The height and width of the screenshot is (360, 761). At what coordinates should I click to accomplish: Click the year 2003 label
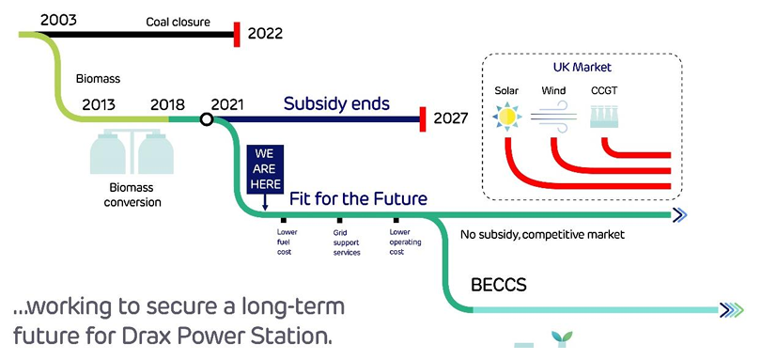(x=58, y=20)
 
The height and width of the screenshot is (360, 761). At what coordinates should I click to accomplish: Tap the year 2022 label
(x=265, y=34)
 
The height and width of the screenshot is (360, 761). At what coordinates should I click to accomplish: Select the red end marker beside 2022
(x=237, y=35)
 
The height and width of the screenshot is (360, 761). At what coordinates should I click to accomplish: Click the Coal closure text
(x=179, y=22)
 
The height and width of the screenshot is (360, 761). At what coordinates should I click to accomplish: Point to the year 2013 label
(x=99, y=104)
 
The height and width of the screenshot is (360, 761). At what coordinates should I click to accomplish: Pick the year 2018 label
(x=167, y=104)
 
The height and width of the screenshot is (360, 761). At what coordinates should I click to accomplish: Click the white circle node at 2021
(x=207, y=119)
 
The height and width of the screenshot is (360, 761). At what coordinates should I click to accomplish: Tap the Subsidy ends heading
(x=337, y=103)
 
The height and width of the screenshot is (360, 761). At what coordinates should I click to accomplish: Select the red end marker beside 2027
(x=423, y=119)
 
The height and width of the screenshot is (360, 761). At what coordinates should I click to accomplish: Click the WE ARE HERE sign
(x=265, y=169)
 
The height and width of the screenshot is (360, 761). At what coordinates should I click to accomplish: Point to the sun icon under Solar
(x=506, y=117)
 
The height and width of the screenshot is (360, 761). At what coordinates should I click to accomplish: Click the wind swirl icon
(x=553, y=117)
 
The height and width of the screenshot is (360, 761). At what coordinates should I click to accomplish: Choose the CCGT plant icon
(x=604, y=117)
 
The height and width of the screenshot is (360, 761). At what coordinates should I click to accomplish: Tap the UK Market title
(x=582, y=67)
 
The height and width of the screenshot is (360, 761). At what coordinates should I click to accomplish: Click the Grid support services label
(x=347, y=243)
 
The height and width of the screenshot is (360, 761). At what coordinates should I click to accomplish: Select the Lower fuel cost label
(x=287, y=242)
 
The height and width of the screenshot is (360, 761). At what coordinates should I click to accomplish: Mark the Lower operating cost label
(x=405, y=242)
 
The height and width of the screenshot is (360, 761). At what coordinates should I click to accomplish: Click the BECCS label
(x=499, y=285)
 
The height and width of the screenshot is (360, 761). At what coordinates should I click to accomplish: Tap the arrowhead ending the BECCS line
(x=731, y=310)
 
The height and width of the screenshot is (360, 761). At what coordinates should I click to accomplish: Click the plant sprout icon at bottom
(x=562, y=338)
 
